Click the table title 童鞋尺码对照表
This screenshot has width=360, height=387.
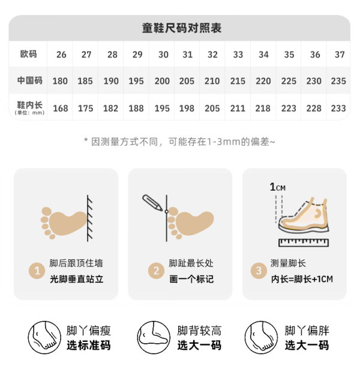182,28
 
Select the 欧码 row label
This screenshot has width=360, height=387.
29,54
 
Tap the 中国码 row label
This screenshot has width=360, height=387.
30,80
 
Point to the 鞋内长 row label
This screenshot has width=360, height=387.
30,107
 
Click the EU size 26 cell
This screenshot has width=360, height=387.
61,54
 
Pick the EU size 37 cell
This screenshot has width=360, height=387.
340,54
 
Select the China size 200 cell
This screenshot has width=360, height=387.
162,81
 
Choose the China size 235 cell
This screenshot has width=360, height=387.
338,81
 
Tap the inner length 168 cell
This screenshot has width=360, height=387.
61,108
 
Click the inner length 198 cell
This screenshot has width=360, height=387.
187,108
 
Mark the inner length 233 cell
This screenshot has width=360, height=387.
338,108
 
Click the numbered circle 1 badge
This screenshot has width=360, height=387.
37,271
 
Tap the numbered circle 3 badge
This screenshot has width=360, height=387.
259,271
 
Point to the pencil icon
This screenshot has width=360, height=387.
152,203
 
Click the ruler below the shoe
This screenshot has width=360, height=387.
304,242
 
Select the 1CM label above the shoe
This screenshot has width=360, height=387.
278,187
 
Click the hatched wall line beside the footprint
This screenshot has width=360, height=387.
90,218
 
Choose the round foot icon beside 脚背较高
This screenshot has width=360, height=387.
154,337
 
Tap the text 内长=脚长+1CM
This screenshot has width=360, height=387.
302,279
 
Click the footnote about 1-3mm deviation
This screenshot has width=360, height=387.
179,142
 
